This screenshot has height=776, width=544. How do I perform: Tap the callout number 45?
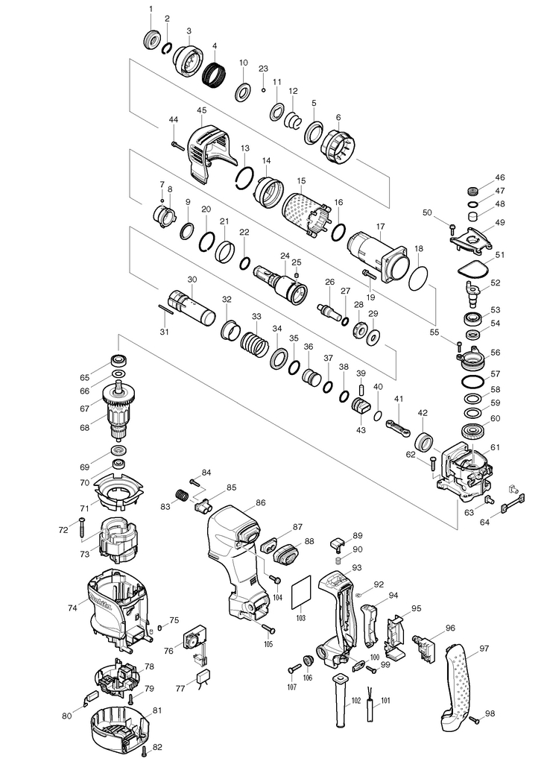[x=201, y=110]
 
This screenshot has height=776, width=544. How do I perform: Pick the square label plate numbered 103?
[x=300, y=593]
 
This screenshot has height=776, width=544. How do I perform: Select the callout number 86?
[x=261, y=503]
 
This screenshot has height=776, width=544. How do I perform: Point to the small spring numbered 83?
[x=181, y=494]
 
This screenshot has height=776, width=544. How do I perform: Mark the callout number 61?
[x=495, y=447]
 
